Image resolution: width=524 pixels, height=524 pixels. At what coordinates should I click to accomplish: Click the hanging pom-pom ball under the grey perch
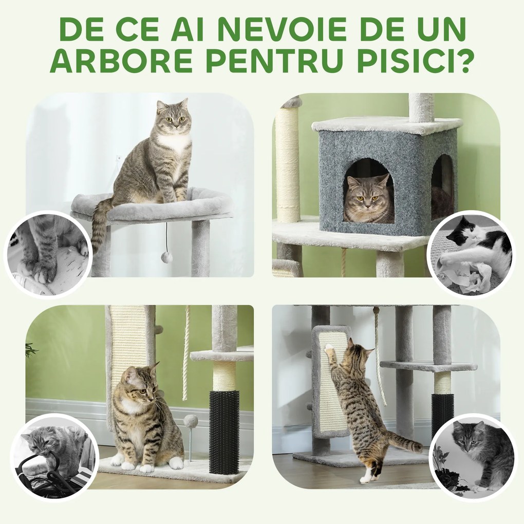click(x=166, y=256)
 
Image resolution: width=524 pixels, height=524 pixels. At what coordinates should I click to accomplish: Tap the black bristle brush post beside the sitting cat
click(x=224, y=432)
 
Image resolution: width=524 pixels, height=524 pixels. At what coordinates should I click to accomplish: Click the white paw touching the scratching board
click(x=329, y=350)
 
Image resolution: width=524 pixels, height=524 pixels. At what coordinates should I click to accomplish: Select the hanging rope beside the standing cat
click(x=380, y=360)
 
